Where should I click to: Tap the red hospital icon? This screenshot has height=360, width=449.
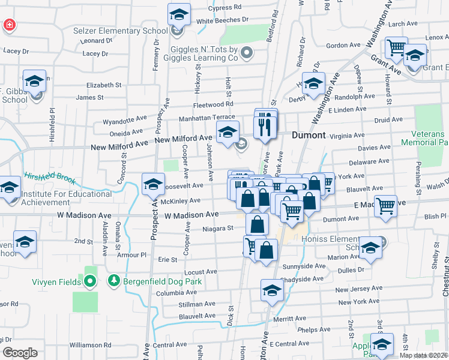tap(10, 25)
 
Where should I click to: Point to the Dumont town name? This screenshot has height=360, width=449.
tap(309, 135)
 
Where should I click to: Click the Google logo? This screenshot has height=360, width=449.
tap(20, 353)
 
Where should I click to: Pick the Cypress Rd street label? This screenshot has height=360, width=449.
tap(224, 8)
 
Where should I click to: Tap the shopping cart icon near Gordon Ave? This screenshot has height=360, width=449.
tap(396, 47)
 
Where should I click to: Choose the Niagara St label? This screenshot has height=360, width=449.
tap(217, 228)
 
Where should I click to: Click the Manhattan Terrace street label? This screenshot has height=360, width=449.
tap(206, 118)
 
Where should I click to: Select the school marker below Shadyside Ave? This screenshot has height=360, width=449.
tap(272, 292)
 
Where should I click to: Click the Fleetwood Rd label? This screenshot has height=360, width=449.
tap(212, 104)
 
